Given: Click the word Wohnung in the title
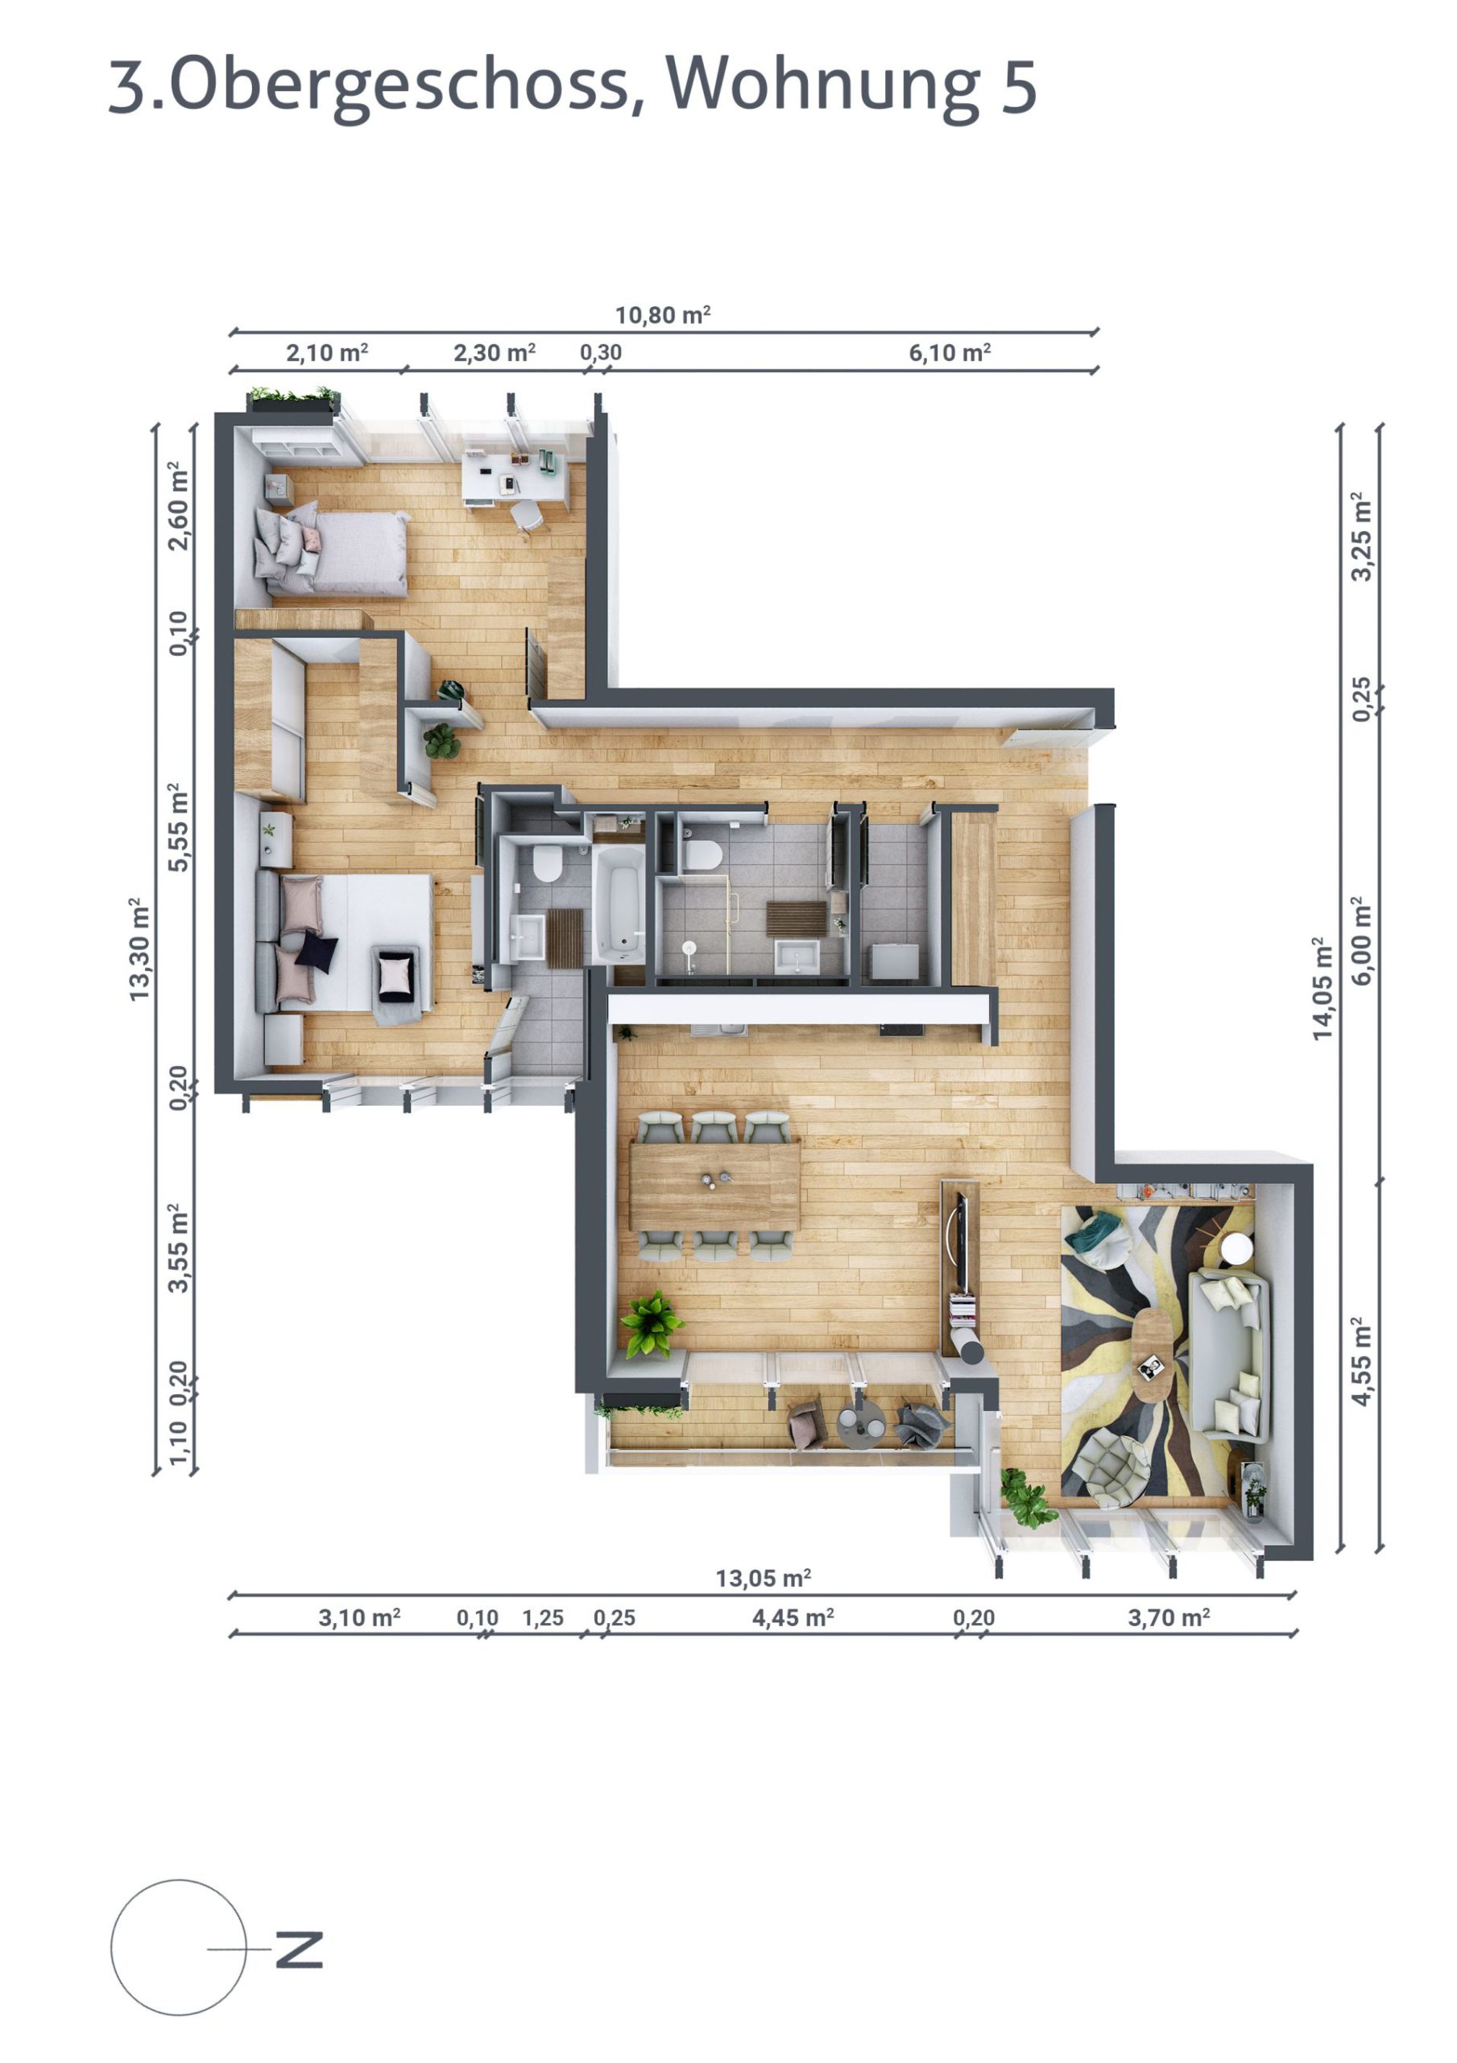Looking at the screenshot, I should (x=821, y=85).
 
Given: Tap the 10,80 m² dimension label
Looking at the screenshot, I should (x=662, y=315).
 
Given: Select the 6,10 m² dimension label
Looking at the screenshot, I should (x=949, y=353).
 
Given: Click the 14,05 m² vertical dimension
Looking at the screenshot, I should (x=1322, y=988).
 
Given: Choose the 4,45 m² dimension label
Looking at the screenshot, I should (x=793, y=1618).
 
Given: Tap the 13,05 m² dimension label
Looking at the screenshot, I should (x=763, y=1579).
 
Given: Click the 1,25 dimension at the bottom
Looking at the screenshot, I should (x=543, y=1618).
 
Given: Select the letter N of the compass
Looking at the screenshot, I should (x=298, y=1948).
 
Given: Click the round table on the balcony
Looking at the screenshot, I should (x=859, y=1422).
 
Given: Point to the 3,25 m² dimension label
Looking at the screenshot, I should (x=1362, y=537).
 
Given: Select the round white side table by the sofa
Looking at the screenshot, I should (x=1237, y=1248).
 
